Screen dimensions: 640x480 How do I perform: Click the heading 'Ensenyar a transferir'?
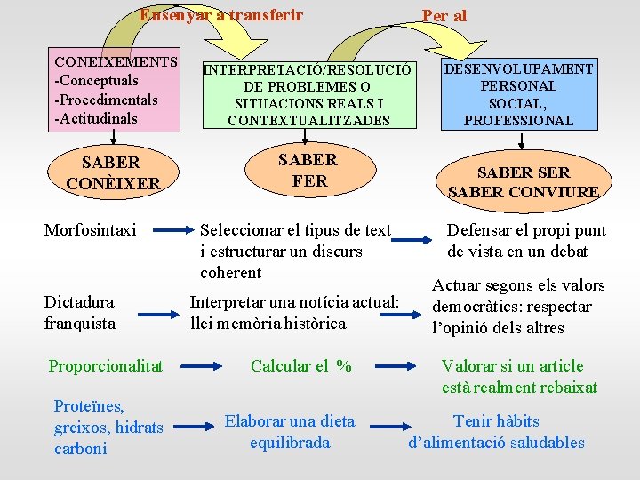click(220, 15)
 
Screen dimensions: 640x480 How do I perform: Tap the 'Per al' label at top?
click(444, 16)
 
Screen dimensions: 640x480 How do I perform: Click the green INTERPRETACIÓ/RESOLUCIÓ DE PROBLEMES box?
click(308, 94)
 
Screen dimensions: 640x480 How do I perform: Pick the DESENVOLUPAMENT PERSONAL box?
click(518, 94)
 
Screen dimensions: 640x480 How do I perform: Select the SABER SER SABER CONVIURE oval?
click(523, 181)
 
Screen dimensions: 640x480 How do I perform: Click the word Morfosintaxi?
click(90, 231)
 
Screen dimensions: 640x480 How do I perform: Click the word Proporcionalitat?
click(106, 366)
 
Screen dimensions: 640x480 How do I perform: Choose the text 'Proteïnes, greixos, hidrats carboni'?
click(108, 428)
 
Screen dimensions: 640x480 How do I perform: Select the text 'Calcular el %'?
click(301, 366)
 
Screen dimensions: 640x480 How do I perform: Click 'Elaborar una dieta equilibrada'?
click(290, 432)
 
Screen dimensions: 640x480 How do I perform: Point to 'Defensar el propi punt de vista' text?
click(525, 241)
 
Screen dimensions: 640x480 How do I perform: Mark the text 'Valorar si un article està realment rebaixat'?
click(518, 377)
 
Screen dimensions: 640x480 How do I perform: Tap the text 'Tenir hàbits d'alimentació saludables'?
click(496, 432)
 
